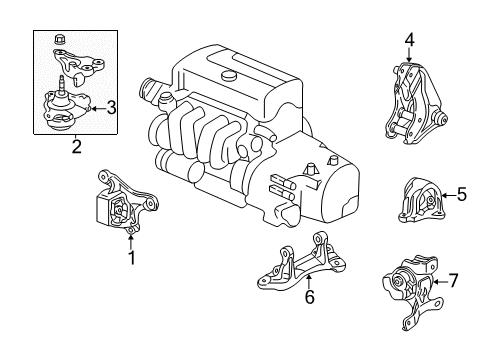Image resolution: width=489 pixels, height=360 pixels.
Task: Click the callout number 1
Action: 132,258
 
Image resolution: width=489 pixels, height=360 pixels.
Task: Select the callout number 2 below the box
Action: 77,147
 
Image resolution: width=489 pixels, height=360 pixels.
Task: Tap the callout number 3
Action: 111,108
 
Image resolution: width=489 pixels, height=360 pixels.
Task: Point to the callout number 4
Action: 410,40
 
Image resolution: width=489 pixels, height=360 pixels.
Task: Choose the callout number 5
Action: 461,194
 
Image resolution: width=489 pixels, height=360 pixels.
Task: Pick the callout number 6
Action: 310,297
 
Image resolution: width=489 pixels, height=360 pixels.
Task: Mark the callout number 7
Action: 454,281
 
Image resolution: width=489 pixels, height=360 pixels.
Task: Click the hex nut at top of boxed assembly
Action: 59,40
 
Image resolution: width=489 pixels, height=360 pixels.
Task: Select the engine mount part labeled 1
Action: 125,202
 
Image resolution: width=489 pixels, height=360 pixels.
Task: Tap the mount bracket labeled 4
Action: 415,103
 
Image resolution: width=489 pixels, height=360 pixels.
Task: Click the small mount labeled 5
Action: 420,201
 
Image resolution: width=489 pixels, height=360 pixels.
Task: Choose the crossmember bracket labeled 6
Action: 302,264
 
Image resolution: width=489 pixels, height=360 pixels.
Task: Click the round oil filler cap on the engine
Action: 229,76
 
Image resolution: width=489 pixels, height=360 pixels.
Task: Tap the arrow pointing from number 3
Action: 98,109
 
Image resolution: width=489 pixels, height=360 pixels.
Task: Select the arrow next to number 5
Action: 449,195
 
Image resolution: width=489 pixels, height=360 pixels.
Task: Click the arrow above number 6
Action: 309,282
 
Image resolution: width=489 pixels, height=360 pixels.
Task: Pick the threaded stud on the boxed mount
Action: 62,84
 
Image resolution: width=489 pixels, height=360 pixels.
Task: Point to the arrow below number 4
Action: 410,54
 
